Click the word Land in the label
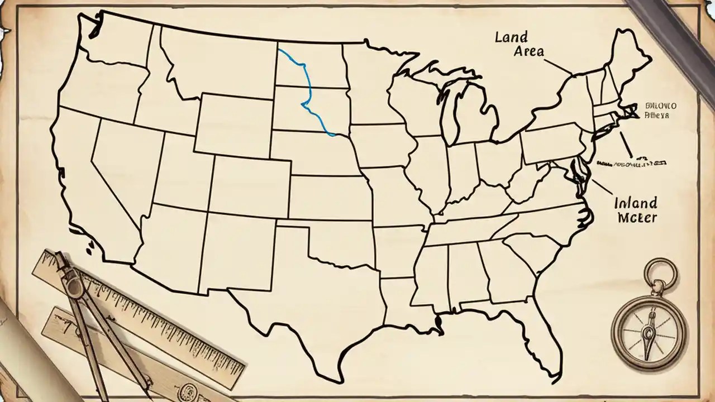[x=511, y=37]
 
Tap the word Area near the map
[x=526, y=51]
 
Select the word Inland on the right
[x=635, y=202]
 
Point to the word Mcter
[x=637, y=217]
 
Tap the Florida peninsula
[x=536, y=335]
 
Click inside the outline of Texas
[x=313, y=290]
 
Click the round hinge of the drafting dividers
[x=73, y=288]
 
